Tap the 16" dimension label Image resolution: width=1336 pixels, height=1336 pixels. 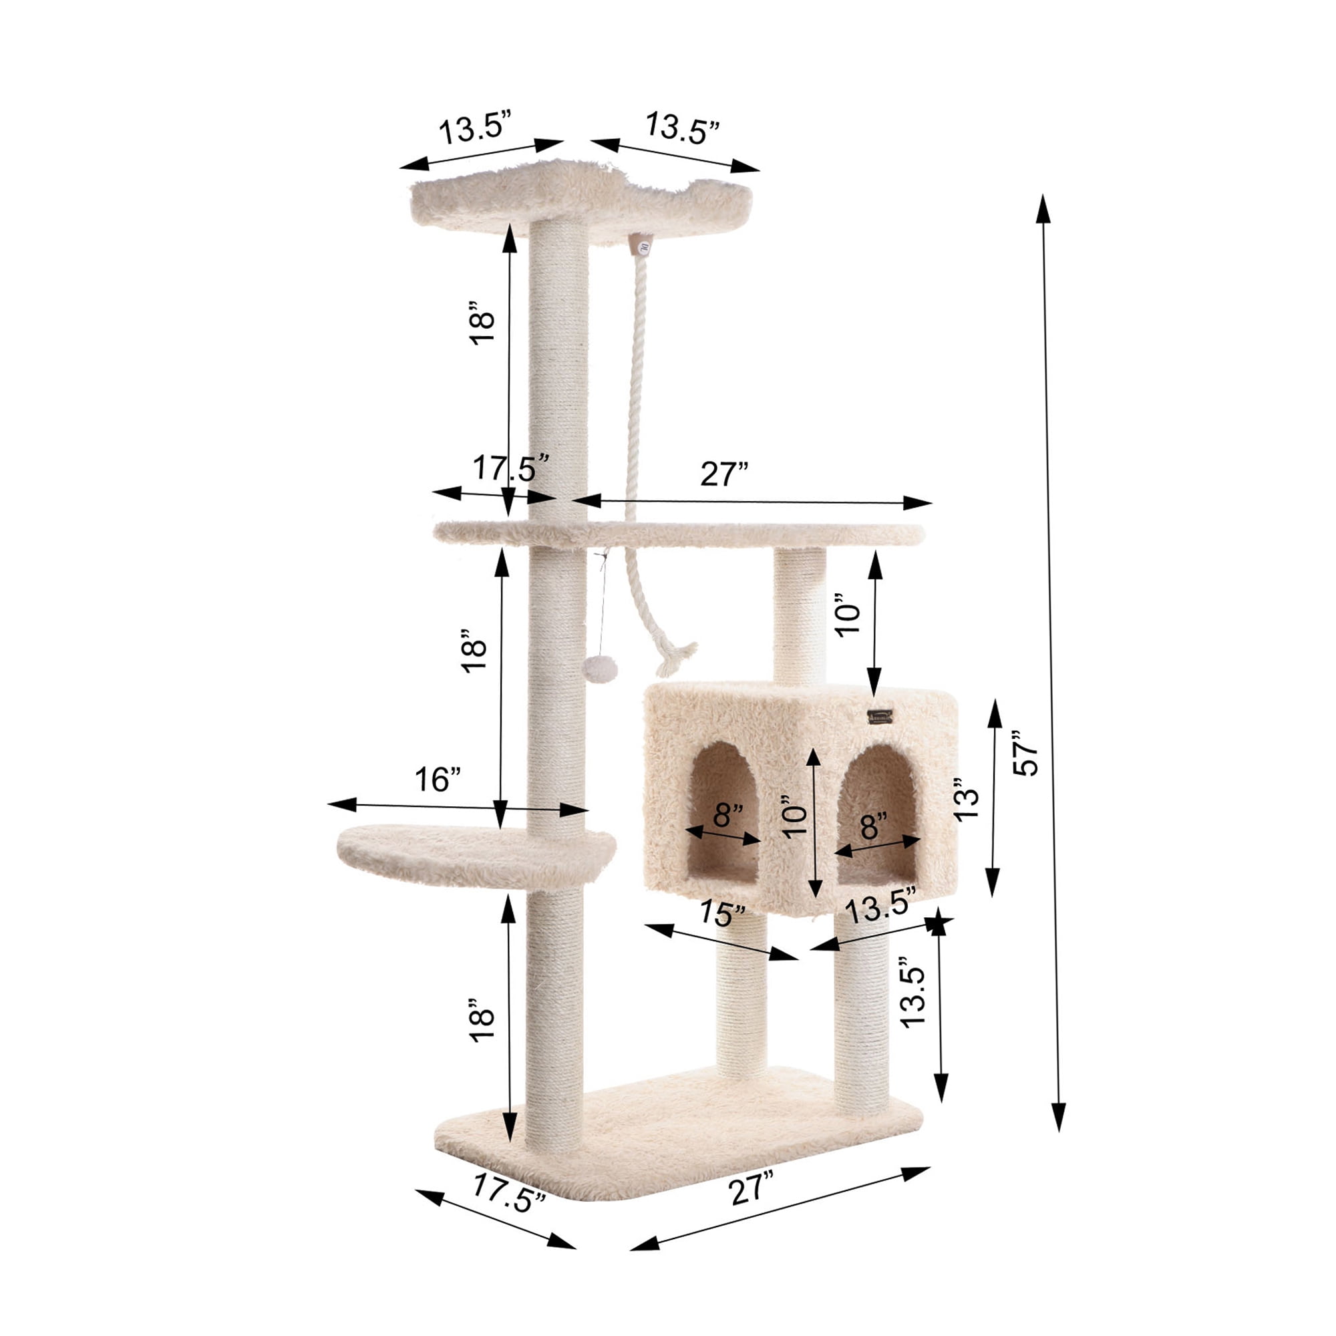point(438,780)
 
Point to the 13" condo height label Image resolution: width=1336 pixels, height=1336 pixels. point(967,800)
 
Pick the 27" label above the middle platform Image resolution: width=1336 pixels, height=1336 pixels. point(724,475)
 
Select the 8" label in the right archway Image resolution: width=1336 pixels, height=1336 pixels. point(873,824)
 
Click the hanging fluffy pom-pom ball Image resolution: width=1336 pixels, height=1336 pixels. point(599,669)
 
